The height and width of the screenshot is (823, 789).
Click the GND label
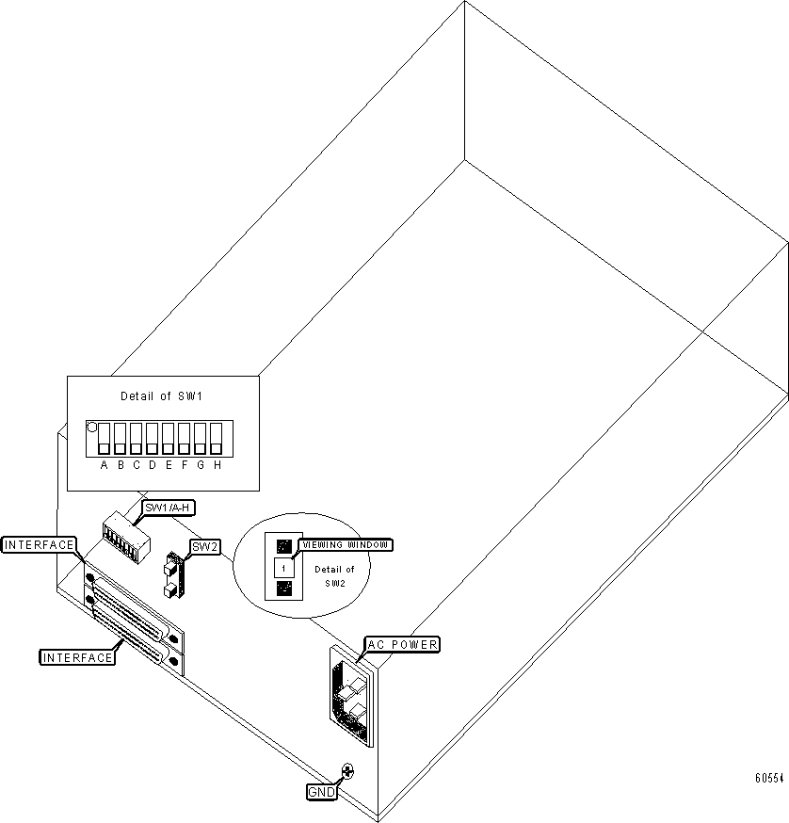[x=321, y=793]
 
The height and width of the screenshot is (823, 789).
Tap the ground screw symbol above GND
[x=347, y=771]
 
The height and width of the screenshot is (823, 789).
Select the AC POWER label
[x=402, y=644]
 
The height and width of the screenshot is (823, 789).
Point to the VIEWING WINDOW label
[x=346, y=544]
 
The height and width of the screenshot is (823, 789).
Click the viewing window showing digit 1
[x=283, y=568]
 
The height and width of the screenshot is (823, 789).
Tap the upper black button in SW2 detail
[x=283, y=545]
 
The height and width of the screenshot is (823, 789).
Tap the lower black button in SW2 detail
[x=283, y=590]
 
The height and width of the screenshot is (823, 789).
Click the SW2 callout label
[x=204, y=546]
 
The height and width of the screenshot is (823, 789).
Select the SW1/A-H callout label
[x=169, y=508]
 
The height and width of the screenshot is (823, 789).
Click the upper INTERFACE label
[x=39, y=544]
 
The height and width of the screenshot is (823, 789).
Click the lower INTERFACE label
[x=77, y=657]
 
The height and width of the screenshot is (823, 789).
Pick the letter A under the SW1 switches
[x=104, y=465]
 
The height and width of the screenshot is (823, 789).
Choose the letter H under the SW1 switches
[x=217, y=465]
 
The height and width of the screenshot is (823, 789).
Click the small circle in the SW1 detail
[x=91, y=427]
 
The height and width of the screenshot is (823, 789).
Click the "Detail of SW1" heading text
[x=161, y=396]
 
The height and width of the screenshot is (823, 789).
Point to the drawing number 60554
[x=771, y=779]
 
